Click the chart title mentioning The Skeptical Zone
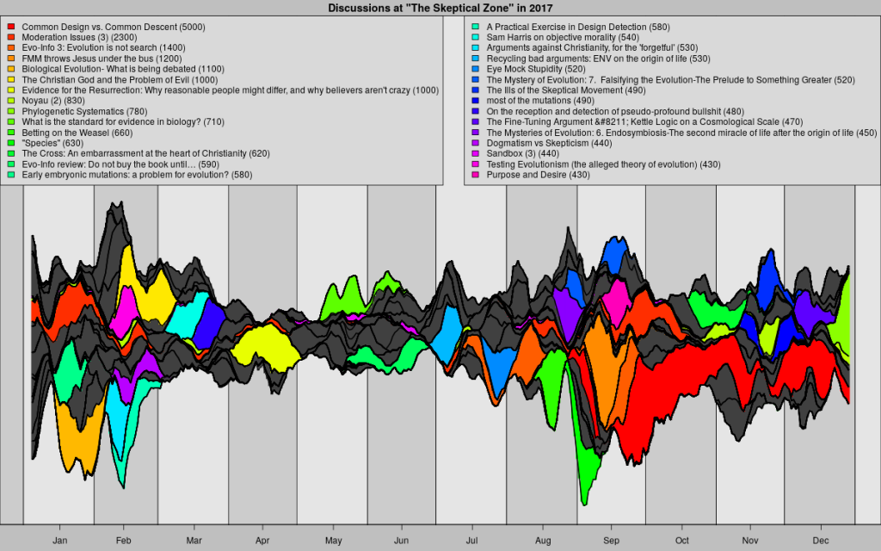[x=440, y=8]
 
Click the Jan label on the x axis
[x=59, y=540]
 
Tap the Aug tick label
[x=542, y=540]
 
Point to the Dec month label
[x=820, y=540]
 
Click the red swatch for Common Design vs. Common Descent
[x=11, y=28]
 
